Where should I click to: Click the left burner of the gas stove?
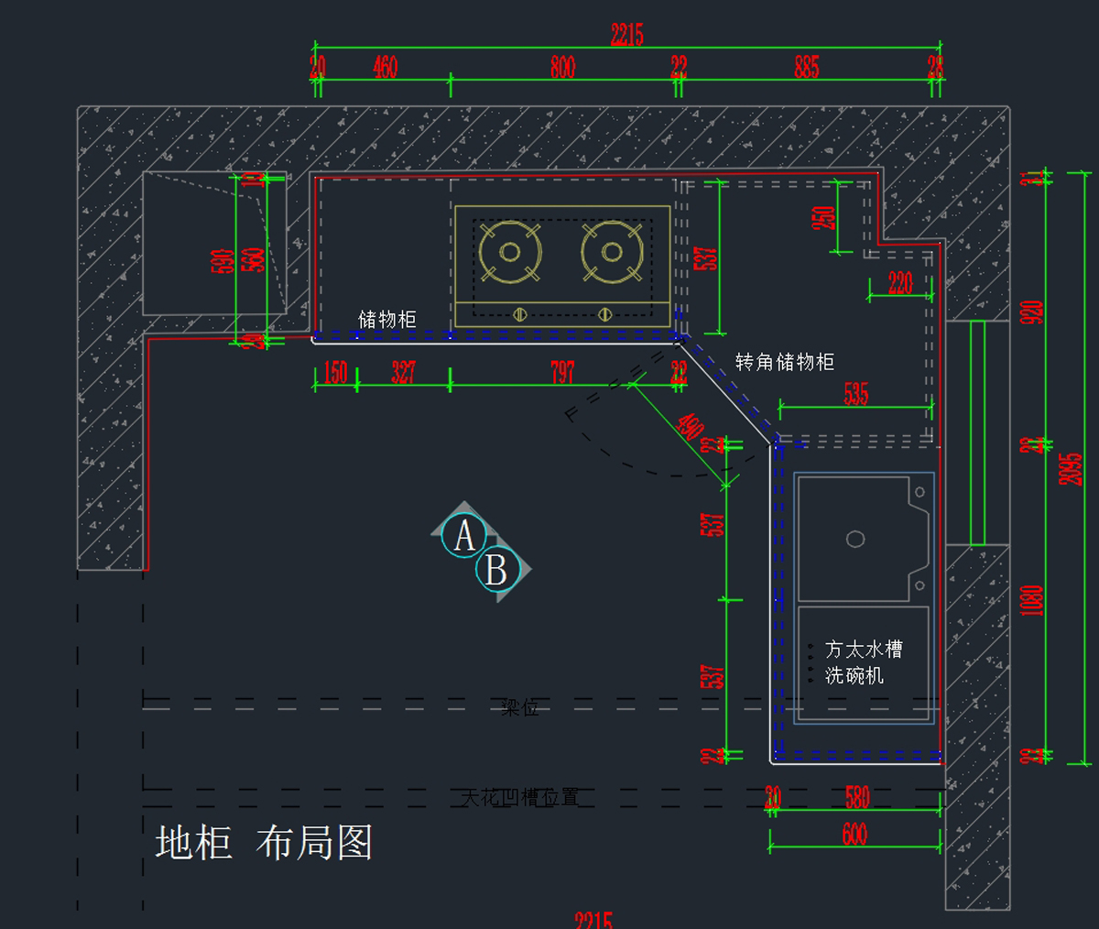point(510,252)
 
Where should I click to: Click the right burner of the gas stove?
point(612,252)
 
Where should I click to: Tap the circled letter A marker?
point(464,536)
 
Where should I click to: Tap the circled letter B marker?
point(497,570)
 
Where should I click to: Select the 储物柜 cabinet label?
point(386,319)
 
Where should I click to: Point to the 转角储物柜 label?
point(785,362)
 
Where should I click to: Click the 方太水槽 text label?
point(864,650)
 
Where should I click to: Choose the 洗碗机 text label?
point(854,676)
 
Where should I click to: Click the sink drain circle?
point(855,539)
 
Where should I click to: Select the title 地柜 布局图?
point(264,843)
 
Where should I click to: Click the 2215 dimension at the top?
point(627,35)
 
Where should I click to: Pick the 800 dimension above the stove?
point(562,67)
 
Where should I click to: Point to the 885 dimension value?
point(807,67)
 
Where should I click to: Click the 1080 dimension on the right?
point(1032,601)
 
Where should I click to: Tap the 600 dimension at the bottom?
point(854,834)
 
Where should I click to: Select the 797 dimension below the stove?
point(562,372)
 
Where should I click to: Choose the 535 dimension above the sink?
point(856,394)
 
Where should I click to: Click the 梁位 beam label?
point(519,708)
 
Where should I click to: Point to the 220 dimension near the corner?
point(900,283)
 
